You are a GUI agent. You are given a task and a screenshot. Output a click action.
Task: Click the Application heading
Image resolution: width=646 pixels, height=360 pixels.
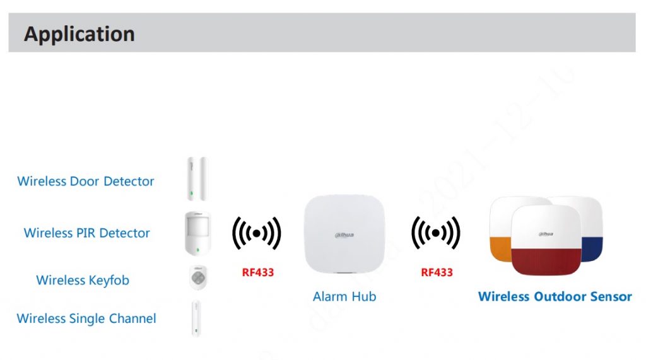pos(79,33)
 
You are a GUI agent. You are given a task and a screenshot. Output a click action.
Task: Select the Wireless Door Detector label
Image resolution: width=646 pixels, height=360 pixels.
pos(86,182)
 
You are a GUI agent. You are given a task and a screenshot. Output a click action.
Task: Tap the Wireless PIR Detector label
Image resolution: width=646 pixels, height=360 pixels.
pos(87,233)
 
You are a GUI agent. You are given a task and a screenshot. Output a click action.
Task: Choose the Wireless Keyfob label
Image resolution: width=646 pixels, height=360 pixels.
pos(83,281)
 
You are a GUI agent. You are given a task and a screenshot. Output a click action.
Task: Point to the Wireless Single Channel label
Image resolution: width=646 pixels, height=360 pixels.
pos(86,318)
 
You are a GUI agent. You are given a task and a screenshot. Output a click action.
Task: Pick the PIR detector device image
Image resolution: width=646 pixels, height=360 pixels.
pos(197,233)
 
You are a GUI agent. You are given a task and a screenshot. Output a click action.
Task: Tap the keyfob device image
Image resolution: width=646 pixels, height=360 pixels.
pos(198,277)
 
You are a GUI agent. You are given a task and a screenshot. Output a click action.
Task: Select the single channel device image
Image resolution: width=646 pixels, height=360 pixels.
pos(197,318)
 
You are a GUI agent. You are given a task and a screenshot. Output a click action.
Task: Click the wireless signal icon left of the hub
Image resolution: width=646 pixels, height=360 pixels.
pos(257,233)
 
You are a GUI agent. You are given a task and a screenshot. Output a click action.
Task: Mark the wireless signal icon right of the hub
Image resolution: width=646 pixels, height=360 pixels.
pos(436,233)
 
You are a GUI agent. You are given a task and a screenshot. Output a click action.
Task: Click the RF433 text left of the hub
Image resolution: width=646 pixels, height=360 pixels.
pos(258,273)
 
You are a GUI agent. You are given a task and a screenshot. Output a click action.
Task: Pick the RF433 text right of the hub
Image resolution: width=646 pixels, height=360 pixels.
pos(437,273)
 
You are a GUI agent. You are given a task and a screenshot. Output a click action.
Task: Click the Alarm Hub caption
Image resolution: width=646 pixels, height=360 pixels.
pos(344,296)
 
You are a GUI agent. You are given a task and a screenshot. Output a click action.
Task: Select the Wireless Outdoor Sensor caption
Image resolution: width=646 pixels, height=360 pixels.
pos(555,296)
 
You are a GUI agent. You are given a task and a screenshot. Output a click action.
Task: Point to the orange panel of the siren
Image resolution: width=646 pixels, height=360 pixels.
pos(500,248)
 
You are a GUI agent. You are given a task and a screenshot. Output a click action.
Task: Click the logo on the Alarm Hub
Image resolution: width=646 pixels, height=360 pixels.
pos(344,235)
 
